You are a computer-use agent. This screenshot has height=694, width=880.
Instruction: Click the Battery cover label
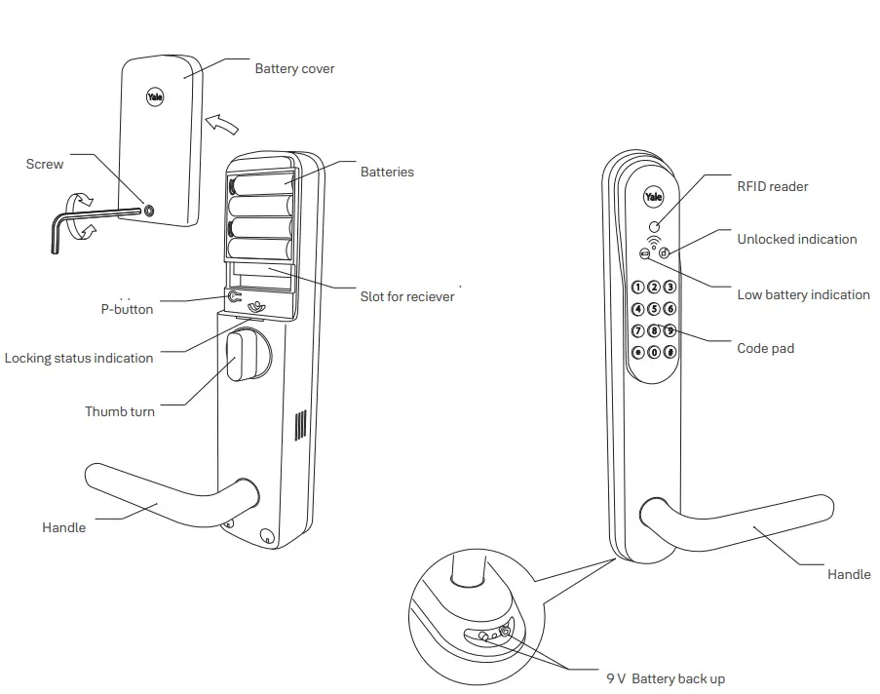point(294,69)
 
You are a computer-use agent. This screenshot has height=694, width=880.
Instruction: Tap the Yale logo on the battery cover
point(155,96)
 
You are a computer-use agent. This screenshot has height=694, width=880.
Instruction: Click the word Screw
point(45,165)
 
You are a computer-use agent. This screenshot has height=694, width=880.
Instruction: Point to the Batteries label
point(387,173)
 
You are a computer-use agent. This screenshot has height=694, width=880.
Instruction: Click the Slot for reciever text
point(407,296)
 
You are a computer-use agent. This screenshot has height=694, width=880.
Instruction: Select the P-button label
point(127,309)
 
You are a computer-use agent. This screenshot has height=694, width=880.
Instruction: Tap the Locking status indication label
point(79,359)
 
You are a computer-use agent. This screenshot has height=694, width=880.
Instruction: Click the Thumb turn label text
point(120,411)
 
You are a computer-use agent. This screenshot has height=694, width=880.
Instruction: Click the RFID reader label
point(772,186)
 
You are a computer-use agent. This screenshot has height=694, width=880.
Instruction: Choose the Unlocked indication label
point(796,240)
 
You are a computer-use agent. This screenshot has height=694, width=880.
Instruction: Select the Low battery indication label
point(803,295)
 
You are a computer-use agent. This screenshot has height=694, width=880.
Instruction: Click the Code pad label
point(765,348)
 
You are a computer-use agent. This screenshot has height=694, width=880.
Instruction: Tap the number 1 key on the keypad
point(638,288)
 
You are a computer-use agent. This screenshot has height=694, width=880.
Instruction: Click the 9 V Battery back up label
point(665,679)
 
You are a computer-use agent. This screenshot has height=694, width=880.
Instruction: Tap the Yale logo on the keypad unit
point(653,198)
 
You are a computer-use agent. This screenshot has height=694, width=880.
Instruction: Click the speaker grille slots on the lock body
point(300,426)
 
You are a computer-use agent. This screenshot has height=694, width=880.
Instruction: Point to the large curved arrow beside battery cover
point(223,124)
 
